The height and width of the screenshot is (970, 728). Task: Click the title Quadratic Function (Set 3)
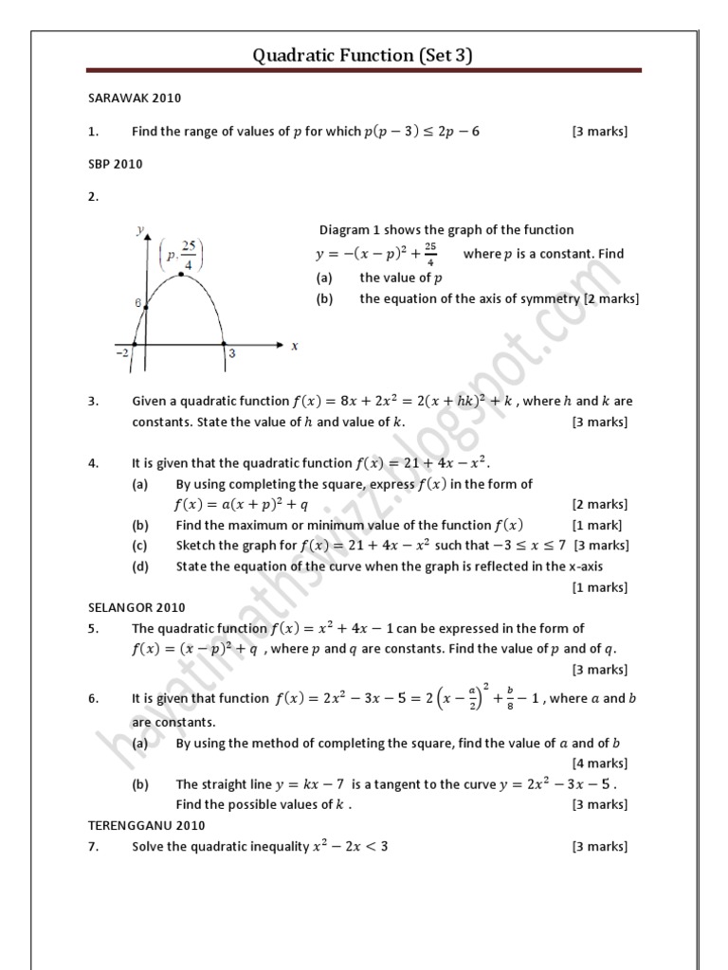[x=362, y=56]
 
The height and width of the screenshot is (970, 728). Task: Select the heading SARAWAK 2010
[x=135, y=98]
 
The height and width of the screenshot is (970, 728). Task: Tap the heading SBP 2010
[x=115, y=164]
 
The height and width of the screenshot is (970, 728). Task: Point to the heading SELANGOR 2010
[x=136, y=607]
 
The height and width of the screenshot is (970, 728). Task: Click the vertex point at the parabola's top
[x=181, y=275]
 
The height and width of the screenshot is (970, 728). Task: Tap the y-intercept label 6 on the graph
[x=137, y=303]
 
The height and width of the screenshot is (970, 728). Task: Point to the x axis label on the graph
[x=295, y=346]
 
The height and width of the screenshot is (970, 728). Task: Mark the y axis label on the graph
[x=139, y=229]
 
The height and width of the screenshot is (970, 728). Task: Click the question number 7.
[x=93, y=846]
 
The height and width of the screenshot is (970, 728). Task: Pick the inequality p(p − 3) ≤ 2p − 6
[x=422, y=132]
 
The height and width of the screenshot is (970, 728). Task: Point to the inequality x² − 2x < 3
[x=350, y=846]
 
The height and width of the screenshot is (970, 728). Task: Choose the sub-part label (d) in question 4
[x=140, y=566]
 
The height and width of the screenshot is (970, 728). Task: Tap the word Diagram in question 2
[x=343, y=229]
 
